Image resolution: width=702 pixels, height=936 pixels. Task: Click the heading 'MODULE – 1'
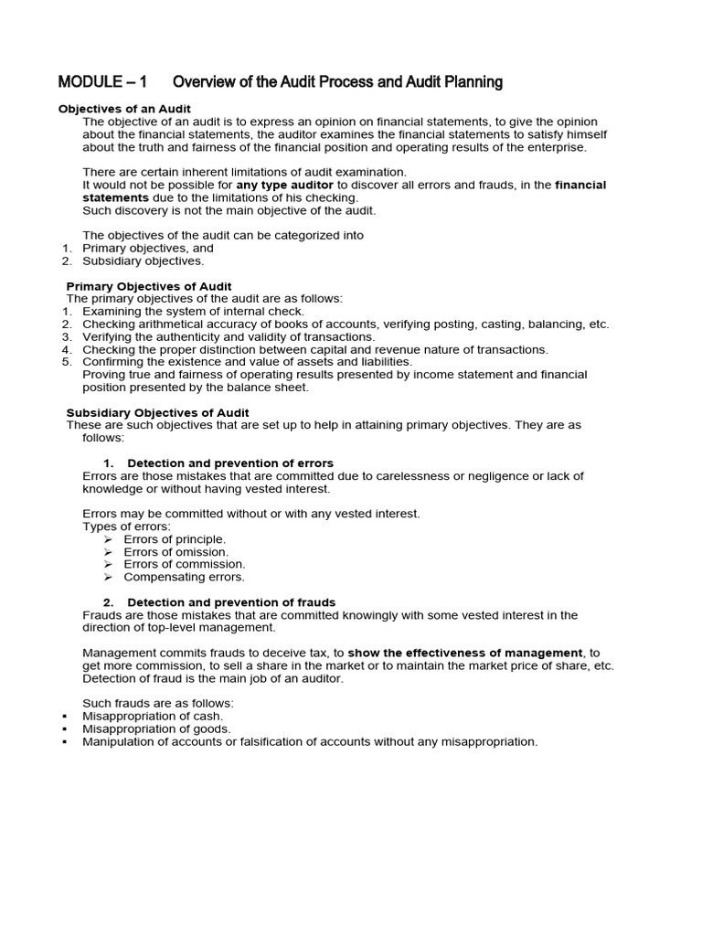click(x=102, y=82)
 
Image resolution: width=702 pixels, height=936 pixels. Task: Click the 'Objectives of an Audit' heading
click(x=124, y=109)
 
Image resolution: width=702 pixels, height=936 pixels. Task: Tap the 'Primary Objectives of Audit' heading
click(x=149, y=286)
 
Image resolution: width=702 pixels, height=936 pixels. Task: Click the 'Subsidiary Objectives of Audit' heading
click(x=157, y=413)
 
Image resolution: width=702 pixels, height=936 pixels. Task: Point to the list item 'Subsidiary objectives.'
click(x=144, y=261)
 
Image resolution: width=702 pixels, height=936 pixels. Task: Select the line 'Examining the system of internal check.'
click(x=193, y=311)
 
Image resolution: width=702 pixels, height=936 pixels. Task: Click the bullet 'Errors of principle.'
click(x=175, y=539)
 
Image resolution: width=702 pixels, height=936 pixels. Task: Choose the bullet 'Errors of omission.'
click(x=175, y=552)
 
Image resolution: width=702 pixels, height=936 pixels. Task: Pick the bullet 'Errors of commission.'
click(x=184, y=564)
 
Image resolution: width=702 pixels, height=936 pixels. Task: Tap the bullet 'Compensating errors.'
click(x=184, y=577)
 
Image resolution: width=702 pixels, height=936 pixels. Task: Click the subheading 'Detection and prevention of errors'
click(x=229, y=463)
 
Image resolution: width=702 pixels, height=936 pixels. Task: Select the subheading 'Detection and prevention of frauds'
click(x=230, y=602)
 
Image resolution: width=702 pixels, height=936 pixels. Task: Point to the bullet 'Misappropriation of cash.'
click(x=153, y=717)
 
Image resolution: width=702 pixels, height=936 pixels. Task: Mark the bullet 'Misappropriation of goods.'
click(x=156, y=729)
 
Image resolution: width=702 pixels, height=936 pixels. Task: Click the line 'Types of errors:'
click(x=126, y=526)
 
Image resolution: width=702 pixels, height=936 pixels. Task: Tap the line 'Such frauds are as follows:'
click(x=158, y=703)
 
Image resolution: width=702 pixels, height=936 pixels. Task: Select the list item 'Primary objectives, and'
click(x=148, y=248)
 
